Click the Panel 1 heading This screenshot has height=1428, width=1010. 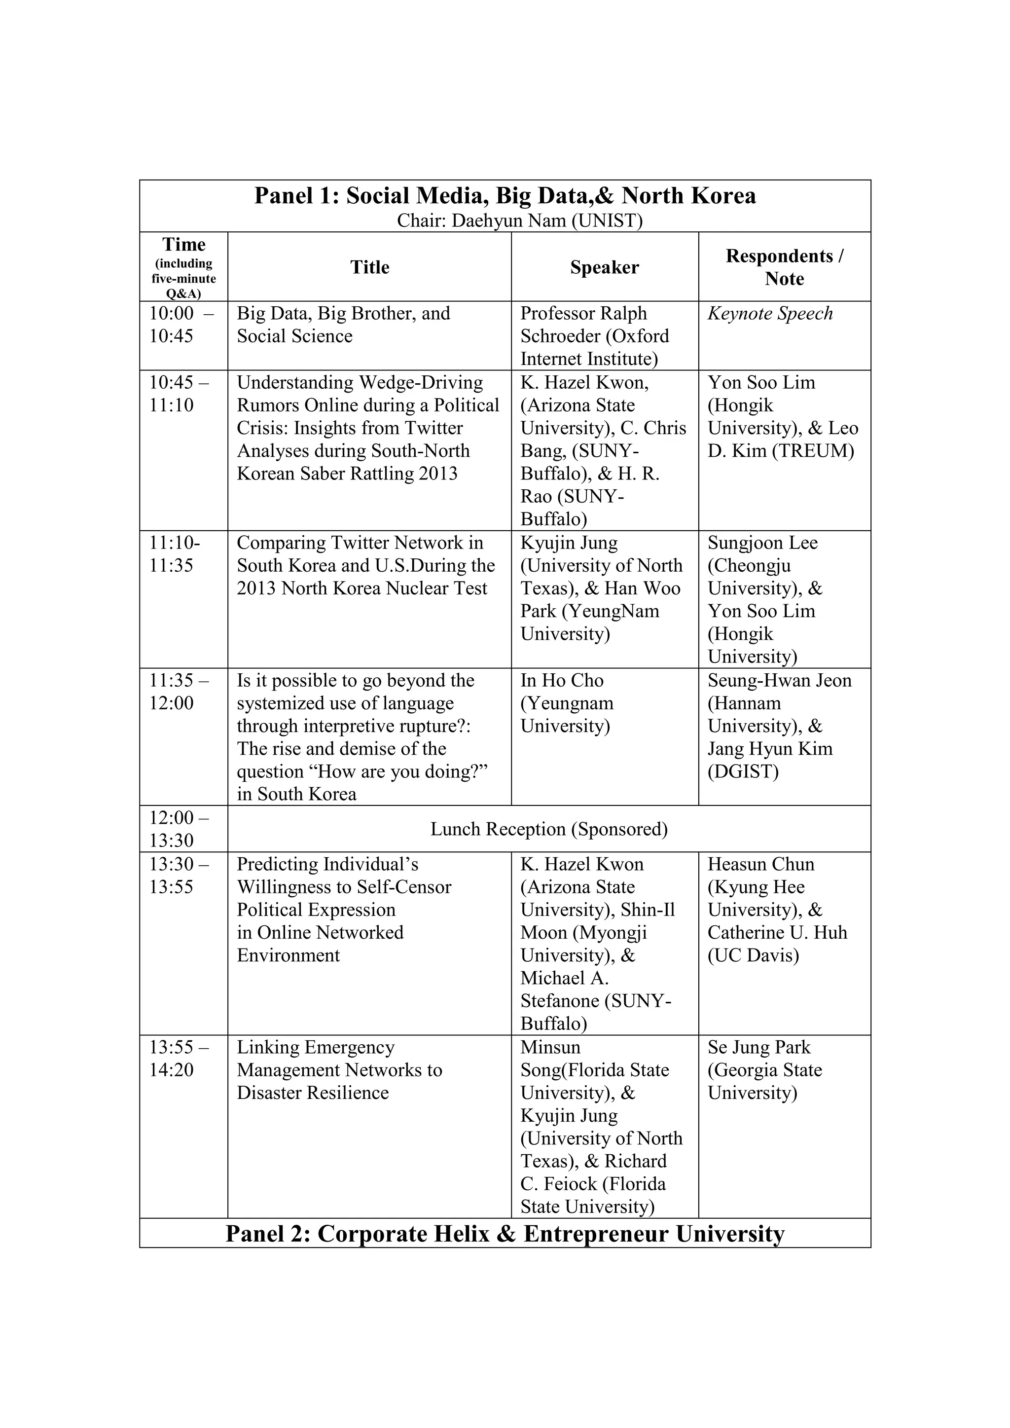[x=505, y=196]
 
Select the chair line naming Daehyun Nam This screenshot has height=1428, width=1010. [x=519, y=221]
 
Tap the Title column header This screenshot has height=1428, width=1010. [x=369, y=267]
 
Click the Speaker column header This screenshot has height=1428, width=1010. [x=604, y=267]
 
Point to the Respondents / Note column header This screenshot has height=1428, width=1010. [x=784, y=267]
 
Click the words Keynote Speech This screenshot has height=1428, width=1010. [x=770, y=313]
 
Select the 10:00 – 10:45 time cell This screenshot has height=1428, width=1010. [x=181, y=325]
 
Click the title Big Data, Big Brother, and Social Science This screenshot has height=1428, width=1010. [x=343, y=325]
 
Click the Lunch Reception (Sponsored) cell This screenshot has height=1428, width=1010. [x=548, y=829]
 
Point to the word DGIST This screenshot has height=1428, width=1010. [x=743, y=772]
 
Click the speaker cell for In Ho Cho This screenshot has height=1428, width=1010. [x=566, y=703]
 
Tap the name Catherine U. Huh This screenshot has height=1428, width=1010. [x=777, y=932]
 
